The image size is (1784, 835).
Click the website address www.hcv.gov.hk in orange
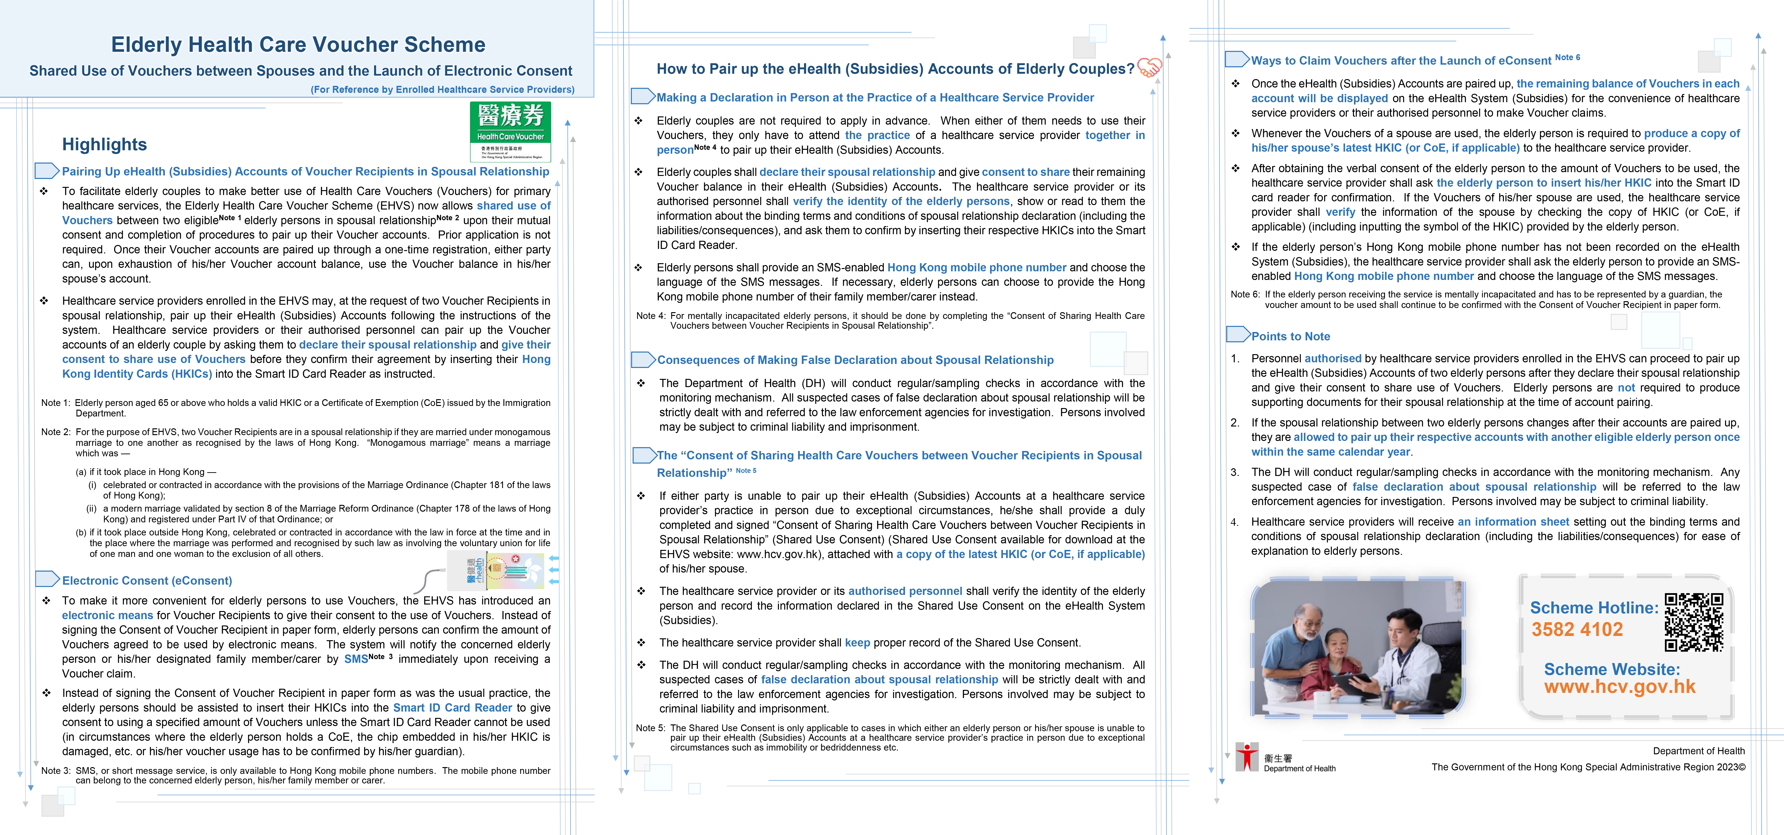pyautogui.click(x=1619, y=687)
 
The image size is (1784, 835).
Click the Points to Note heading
pyautogui.click(x=1290, y=336)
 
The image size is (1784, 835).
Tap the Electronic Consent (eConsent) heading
pyautogui.click(x=147, y=581)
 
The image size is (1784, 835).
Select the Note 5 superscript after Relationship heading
pyautogui.click(x=746, y=471)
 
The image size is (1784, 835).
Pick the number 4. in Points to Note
pyautogui.click(x=1235, y=522)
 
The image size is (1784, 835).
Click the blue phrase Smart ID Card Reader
pyautogui.click(x=452, y=707)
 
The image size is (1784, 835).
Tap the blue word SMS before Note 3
pyautogui.click(x=356, y=659)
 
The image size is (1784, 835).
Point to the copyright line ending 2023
pyautogui.click(x=1588, y=767)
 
